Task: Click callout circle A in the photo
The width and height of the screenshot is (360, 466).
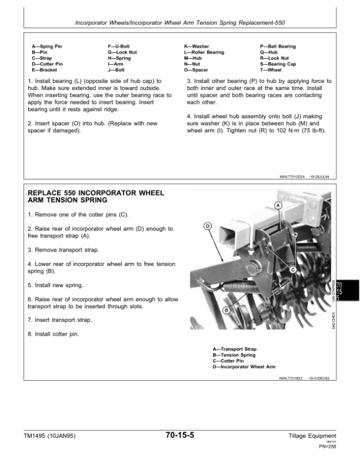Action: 278,205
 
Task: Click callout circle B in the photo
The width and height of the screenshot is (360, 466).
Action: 226,310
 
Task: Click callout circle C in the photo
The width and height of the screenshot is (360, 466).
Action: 293,270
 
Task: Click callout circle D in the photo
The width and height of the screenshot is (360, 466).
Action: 208,226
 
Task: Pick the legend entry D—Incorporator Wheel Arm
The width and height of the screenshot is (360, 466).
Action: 244,366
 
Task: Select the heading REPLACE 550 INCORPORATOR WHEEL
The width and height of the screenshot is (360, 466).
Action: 94,193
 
